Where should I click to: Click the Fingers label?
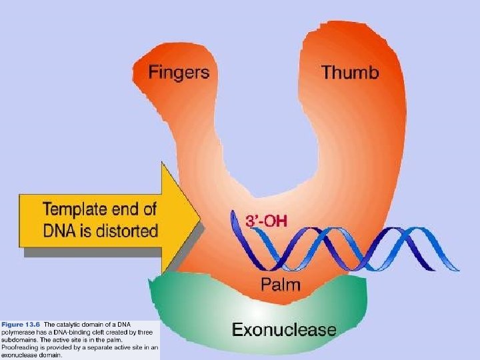click(x=178, y=71)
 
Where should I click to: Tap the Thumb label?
click(x=350, y=72)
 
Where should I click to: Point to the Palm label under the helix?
click(x=280, y=286)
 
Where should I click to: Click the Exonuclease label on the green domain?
click(x=283, y=329)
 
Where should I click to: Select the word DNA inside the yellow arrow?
click(x=60, y=231)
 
